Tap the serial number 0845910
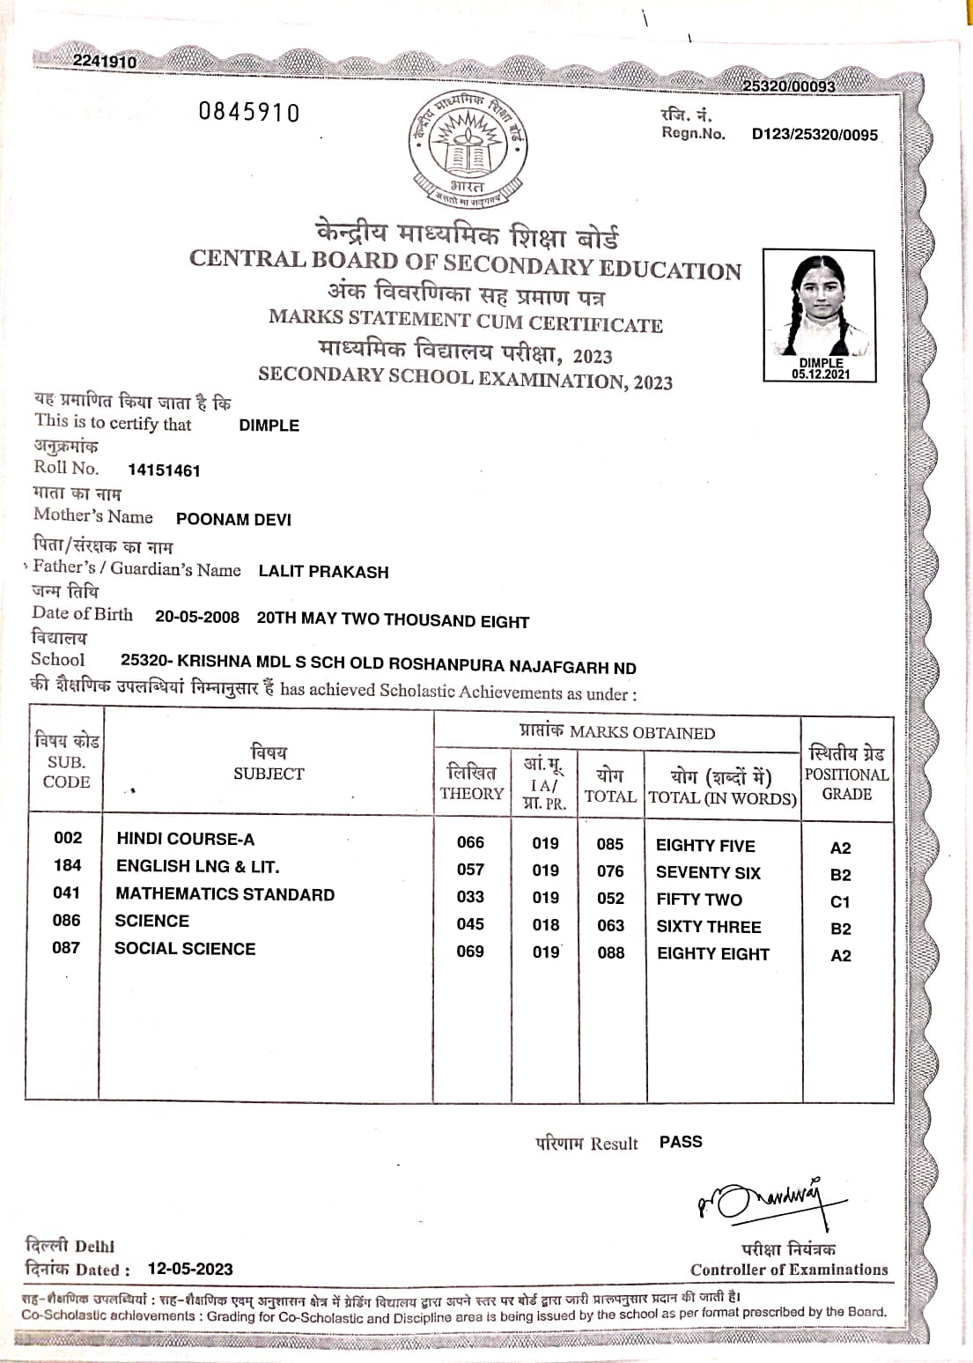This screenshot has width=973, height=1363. [x=249, y=113]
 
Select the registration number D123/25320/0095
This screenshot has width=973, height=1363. [x=815, y=135]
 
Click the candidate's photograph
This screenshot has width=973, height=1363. [x=819, y=308]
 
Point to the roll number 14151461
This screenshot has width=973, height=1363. [x=164, y=470]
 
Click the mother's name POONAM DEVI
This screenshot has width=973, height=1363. [x=233, y=519]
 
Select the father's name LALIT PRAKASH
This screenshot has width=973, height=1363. [x=323, y=572]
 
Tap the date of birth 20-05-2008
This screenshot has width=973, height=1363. [x=197, y=617]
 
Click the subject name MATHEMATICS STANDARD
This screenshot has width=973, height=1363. [x=225, y=894]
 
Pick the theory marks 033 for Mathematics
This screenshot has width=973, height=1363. [x=470, y=897]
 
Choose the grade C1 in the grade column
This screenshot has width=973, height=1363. [x=840, y=902]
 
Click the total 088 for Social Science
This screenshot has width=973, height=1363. [x=610, y=952]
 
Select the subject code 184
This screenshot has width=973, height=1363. [x=67, y=865]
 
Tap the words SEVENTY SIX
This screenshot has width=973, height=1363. [x=708, y=872]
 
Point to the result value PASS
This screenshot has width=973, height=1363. [x=681, y=1142]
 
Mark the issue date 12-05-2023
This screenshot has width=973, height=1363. [x=190, y=1269]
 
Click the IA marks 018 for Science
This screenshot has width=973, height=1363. [x=546, y=924]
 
